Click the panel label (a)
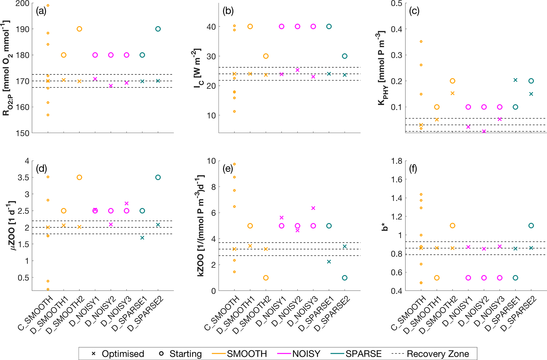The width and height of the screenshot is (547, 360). tap(41, 11)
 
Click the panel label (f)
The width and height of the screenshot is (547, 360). tap(413, 168)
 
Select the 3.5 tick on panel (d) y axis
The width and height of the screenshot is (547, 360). tap(23, 177)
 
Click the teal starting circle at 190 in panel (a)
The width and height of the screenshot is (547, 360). tap(158, 29)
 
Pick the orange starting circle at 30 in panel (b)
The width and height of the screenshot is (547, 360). tap(266, 56)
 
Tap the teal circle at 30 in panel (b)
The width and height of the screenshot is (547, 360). tap(345, 56)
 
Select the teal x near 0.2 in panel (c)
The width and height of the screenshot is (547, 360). tap(515, 80)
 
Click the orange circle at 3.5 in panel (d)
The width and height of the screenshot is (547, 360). tap(79, 177)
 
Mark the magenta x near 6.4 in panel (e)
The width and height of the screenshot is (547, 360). tap(313, 208)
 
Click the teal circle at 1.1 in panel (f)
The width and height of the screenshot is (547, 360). tap(531, 226)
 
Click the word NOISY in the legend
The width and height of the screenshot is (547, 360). tap(306, 354)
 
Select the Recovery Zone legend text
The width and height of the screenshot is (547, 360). tap(438, 354)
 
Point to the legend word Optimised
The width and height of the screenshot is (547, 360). tap(123, 354)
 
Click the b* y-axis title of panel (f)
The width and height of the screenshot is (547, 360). tap(385, 227)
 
